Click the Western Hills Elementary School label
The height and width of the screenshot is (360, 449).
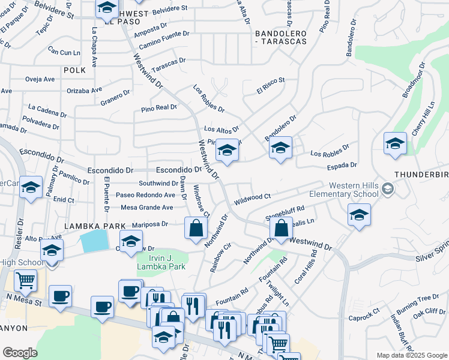coord(344,190)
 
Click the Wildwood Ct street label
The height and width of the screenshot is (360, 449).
coord(253,197)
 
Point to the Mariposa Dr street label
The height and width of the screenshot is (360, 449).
coord(150,224)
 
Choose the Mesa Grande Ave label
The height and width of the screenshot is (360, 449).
coord(147,208)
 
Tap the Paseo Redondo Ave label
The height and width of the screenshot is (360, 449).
coord(145,195)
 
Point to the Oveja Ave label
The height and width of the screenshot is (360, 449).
coord(40,79)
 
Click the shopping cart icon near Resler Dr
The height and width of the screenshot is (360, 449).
coord(26,280)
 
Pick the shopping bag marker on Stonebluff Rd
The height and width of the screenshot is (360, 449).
coord(280,228)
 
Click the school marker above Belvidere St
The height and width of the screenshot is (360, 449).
coord(107,8)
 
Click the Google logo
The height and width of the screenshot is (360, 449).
coord(20,353)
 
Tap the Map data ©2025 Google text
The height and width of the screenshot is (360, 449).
coord(411,355)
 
